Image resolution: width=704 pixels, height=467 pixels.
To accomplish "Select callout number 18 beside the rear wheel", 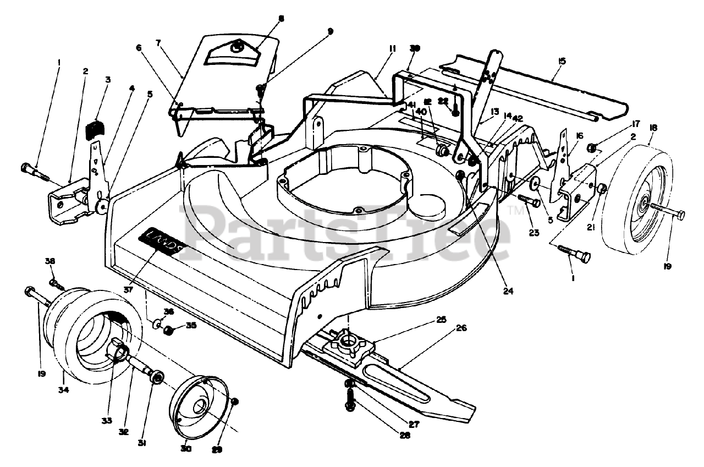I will pyautogui.click(x=653, y=128).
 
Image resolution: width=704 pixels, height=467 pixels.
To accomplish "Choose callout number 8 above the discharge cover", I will pyautogui.click(x=281, y=18).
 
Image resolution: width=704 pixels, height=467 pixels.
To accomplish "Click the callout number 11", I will pyautogui.click(x=392, y=49).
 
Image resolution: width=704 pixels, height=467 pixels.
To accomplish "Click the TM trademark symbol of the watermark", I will pyautogui.click(x=516, y=210).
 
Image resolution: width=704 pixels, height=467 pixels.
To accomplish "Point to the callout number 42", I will pyautogui.click(x=517, y=118).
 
